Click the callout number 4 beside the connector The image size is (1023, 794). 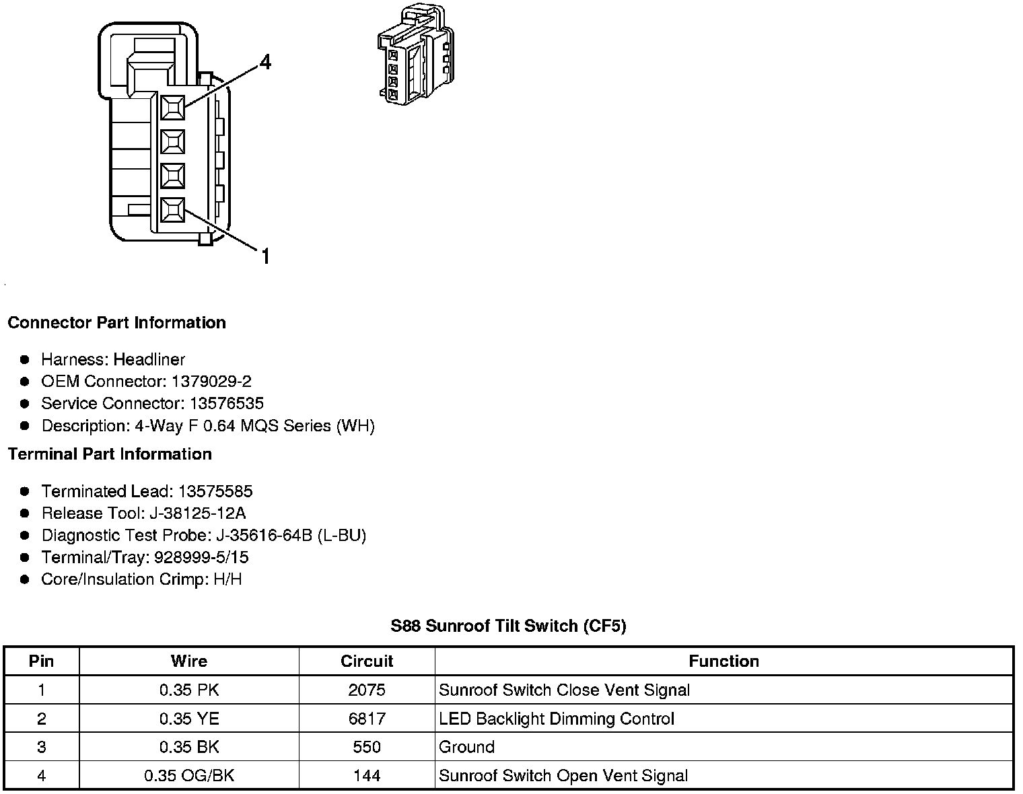(265, 63)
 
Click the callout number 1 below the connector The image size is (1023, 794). (265, 256)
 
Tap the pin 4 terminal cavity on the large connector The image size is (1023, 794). (173, 107)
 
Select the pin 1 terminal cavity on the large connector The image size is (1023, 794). (173, 211)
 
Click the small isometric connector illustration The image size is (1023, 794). (415, 57)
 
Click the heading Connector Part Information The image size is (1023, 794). (116, 323)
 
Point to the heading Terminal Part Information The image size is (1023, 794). (110, 454)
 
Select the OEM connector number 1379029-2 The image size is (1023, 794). (211, 382)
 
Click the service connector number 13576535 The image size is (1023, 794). (225, 404)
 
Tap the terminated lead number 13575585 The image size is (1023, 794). (215, 491)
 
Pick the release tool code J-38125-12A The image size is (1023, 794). (197, 513)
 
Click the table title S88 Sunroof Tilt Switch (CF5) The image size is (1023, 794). (508, 626)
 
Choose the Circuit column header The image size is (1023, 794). (367, 661)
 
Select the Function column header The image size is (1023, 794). (724, 661)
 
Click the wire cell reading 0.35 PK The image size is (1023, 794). (189, 690)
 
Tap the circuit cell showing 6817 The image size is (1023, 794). (367, 719)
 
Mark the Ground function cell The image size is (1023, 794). (466, 747)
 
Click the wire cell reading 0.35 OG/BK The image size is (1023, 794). (189, 776)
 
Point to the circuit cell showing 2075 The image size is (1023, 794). (367, 690)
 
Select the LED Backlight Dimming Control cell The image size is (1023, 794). (556, 719)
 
